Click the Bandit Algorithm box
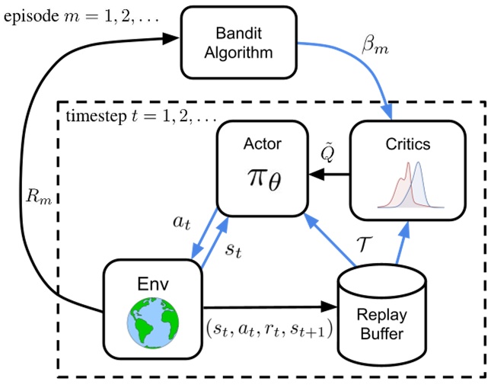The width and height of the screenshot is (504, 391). [x=238, y=43]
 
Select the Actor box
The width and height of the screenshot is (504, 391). [x=263, y=168]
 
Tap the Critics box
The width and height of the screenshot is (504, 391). [x=407, y=170]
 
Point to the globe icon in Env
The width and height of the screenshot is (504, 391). [x=153, y=323]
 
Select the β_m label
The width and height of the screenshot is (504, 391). [x=375, y=45]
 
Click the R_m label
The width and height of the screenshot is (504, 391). [x=39, y=196]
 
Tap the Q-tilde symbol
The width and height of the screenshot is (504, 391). [x=328, y=152]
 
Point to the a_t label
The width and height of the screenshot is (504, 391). [x=182, y=222]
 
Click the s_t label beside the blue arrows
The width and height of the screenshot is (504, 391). [x=233, y=249]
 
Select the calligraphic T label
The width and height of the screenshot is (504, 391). [x=365, y=244]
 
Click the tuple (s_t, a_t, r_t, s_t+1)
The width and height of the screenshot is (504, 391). [x=270, y=329]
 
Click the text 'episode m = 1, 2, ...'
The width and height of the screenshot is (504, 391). [x=81, y=16]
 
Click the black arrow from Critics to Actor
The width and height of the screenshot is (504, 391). [x=329, y=175]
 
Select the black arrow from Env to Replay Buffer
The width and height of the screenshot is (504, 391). [x=270, y=307]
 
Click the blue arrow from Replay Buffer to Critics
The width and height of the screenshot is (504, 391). [x=402, y=242]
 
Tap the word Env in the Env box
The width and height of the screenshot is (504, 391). [x=153, y=284]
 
